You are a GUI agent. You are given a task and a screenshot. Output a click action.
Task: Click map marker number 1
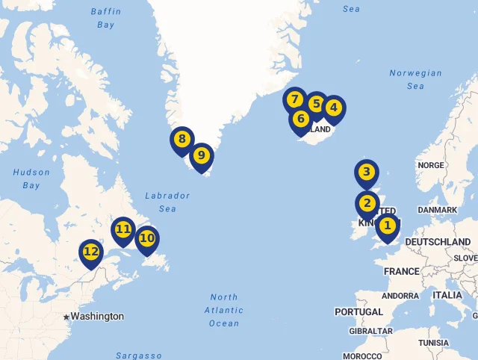point(387,226)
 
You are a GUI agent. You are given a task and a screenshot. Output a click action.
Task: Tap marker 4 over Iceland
point(333,108)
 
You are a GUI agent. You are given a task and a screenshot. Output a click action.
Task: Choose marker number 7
point(295,100)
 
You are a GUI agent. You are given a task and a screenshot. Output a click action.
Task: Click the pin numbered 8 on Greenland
point(181,139)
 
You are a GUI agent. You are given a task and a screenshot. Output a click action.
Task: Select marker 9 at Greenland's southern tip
point(201,156)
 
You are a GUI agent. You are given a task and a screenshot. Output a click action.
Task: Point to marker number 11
point(123,230)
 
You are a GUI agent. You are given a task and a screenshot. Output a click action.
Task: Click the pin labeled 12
point(91,252)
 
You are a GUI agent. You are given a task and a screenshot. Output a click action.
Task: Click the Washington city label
point(97,317)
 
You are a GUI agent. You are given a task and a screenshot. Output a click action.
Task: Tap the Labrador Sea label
point(168,202)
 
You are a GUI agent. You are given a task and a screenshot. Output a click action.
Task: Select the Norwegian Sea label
point(415,80)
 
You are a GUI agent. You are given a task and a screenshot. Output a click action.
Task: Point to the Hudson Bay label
point(31,179)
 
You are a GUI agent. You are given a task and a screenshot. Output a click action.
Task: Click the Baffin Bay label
point(105,19)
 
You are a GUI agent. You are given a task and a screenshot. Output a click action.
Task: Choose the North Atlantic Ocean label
point(224,310)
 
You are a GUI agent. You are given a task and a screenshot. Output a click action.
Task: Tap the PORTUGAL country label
point(358,311)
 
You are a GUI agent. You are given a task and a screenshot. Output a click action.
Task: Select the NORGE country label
point(431,166)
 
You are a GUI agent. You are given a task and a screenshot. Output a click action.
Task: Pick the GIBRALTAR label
point(370,331)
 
